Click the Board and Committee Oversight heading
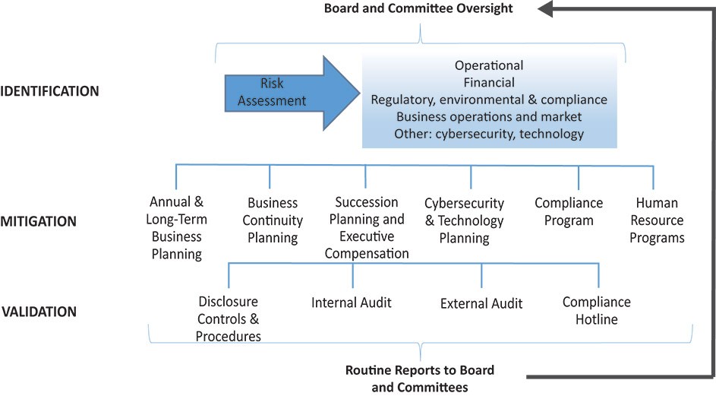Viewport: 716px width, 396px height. click(x=418, y=8)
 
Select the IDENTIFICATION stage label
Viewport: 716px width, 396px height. click(x=49, y=91)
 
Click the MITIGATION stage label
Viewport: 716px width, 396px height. click(x=39, y=221)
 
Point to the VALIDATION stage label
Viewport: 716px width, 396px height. click(x=39, y=312)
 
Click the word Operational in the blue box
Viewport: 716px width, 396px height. click(x=489, y=65)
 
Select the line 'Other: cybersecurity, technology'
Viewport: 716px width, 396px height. click(x=489, y=134)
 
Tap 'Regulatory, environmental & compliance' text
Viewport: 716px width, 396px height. click(x=489, y=100)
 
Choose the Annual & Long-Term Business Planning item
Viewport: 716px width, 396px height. click(x=177, y=228)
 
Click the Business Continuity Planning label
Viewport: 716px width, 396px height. click(x=273, y=220)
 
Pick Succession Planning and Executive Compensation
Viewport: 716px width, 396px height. click(x=367, y=228)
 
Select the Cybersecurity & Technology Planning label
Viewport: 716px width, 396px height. click(x=465, y=220)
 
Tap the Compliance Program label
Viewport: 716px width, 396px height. click(x=569, y=211)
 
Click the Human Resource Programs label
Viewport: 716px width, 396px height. click(x=657, y=220)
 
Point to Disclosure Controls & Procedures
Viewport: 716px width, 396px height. click(x=229, y=318)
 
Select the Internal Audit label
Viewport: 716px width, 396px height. click(x=351, y=303)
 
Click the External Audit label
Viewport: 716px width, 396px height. click(x=481, y=303)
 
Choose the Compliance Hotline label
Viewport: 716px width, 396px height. click(x=596, y=310)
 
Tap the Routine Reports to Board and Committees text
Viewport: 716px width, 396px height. click(x=420, y=379)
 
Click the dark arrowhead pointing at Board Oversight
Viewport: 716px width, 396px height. click(x=546, y=8)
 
